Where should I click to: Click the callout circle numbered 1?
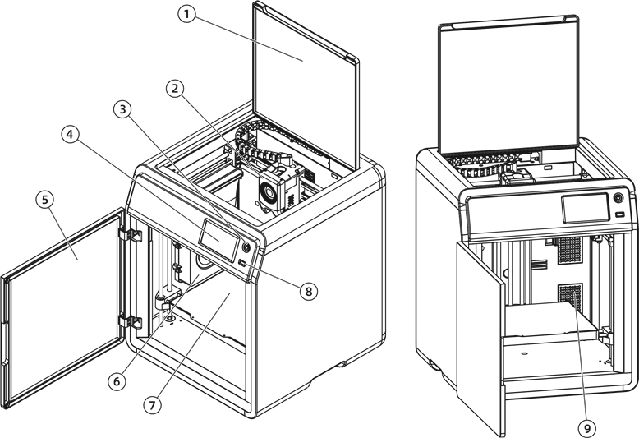click(x=186, y=14)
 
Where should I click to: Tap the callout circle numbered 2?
click(x=175, y=88)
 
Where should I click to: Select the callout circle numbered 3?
click(x=122, y=109)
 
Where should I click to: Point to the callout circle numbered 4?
click(x=70, y=134)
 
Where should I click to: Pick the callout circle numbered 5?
click(x=44, y=200)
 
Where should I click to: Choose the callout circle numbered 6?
click(x=117, y=381)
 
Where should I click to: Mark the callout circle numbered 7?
click(x=153, y=405)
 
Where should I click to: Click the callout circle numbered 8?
click(x=309, y=291)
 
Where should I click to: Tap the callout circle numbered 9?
click(x=587, y=428)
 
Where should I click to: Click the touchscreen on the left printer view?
click(x=218, y=241)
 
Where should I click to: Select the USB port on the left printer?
click(x=241, y=264)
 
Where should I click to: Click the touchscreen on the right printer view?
click(x=586, y=209)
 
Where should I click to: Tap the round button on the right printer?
click(x=618, y=198)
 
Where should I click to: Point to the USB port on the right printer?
click(x=619, y=214)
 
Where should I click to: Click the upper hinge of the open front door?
click(x=131, y=235)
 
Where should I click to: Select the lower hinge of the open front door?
click(x=131, y=321)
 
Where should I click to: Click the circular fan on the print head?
click(x=267, y=191)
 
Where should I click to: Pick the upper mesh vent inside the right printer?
click(x=570, y=250)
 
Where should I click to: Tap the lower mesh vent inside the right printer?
click(x=570, y=297)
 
